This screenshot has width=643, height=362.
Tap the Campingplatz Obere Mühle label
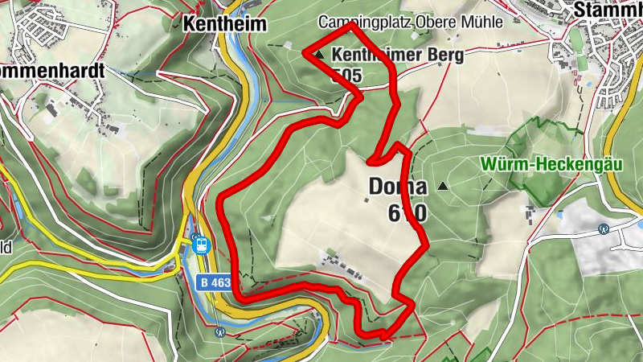[410, 23]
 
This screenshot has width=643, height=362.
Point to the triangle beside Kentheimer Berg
[320, 56]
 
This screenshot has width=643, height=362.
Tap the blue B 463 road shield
[214, 282]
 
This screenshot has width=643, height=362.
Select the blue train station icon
[201, 244]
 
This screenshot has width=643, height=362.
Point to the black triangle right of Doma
[442, 187]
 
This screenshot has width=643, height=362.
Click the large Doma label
[397, 187]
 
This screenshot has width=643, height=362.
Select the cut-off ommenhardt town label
[51, 70]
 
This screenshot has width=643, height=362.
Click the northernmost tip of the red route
[351, 26]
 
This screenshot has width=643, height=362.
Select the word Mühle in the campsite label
[482, 23]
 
